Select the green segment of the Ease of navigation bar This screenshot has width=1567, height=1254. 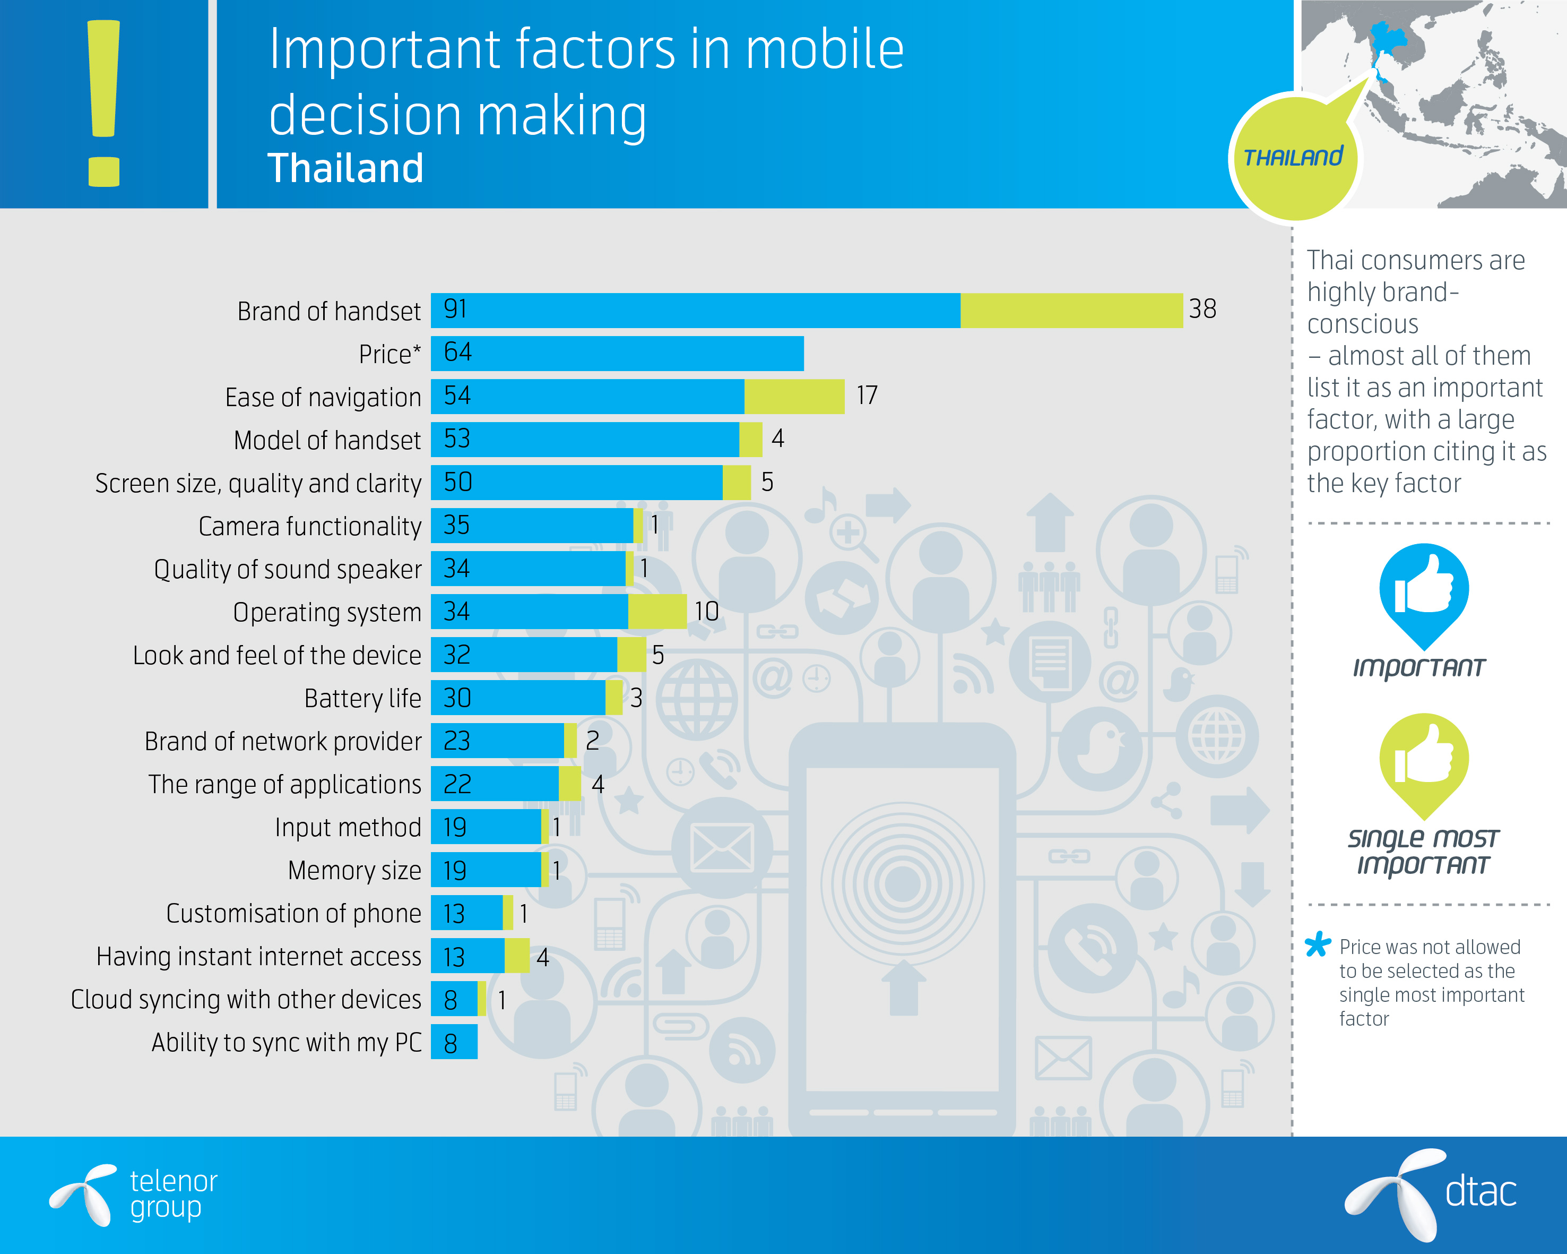click(794, 396)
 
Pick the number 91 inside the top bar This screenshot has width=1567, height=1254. click(456, 309)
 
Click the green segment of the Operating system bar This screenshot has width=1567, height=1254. click(657, 612)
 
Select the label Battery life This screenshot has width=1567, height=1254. click(362, 699)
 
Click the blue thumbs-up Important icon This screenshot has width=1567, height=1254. click(1424, 590)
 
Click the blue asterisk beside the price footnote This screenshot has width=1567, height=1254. click(1318, 944)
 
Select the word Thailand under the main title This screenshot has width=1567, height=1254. click(345, 169)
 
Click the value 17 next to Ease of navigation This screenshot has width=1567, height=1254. click(867, 396)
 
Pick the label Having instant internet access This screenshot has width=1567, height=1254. click(259, 957)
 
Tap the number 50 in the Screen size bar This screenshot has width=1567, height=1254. click(458, 482)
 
